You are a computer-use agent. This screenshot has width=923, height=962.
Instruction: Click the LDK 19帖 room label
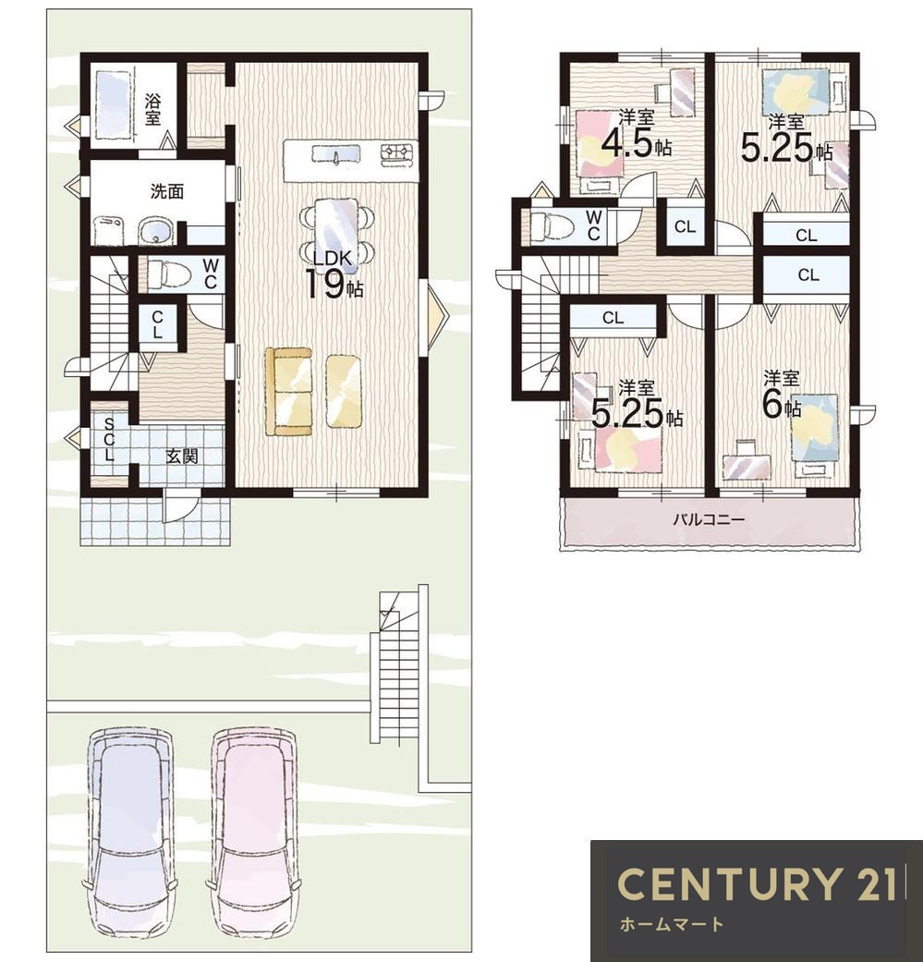(334, 274)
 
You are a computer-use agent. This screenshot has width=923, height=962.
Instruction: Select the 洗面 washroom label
(167, 191)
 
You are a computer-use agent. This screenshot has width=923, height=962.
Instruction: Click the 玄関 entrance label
(181, 456)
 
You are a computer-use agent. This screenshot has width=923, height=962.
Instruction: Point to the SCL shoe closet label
(109, 439)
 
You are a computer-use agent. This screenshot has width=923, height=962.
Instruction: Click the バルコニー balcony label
(709, 520)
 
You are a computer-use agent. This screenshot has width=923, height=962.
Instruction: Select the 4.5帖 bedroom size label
(636, 144)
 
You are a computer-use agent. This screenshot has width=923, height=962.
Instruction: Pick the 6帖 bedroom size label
(781, 404)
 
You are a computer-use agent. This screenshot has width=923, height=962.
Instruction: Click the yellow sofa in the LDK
(288, 392)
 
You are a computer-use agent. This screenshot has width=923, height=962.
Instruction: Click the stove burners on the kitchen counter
(396, 154)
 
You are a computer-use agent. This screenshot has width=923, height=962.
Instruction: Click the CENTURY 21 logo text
(756, 883)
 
